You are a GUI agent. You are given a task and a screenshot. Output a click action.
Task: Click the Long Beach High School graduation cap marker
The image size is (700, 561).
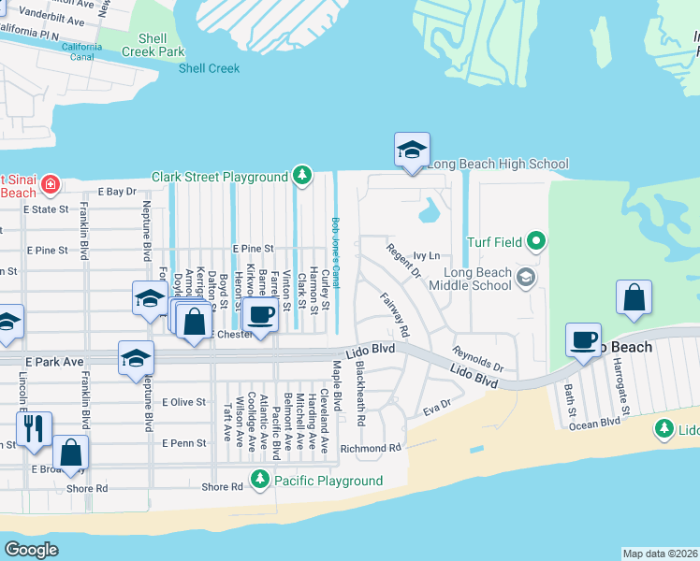[412, 151]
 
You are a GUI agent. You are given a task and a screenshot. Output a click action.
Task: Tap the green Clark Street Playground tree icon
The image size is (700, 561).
[301, 176]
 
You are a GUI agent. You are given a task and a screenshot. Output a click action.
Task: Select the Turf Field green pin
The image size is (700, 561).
[535, 242]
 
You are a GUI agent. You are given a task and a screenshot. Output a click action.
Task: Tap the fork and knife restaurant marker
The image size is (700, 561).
[34, 428]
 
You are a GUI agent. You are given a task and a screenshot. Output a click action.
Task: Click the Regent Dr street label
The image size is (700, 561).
[403, 260]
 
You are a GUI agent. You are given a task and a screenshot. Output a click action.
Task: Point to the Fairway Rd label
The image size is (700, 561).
[395, 314]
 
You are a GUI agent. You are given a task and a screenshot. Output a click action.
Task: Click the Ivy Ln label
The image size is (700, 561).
[426, 254]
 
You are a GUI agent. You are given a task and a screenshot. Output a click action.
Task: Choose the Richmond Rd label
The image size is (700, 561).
[371, 448]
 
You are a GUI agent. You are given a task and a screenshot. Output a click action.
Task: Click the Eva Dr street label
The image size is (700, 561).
[437, 407]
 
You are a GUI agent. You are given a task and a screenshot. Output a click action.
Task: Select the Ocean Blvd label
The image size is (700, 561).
[597, 423]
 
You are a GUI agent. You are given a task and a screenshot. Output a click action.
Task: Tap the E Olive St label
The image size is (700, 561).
[183, 402]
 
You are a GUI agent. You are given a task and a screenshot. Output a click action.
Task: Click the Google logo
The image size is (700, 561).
[31, 549]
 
